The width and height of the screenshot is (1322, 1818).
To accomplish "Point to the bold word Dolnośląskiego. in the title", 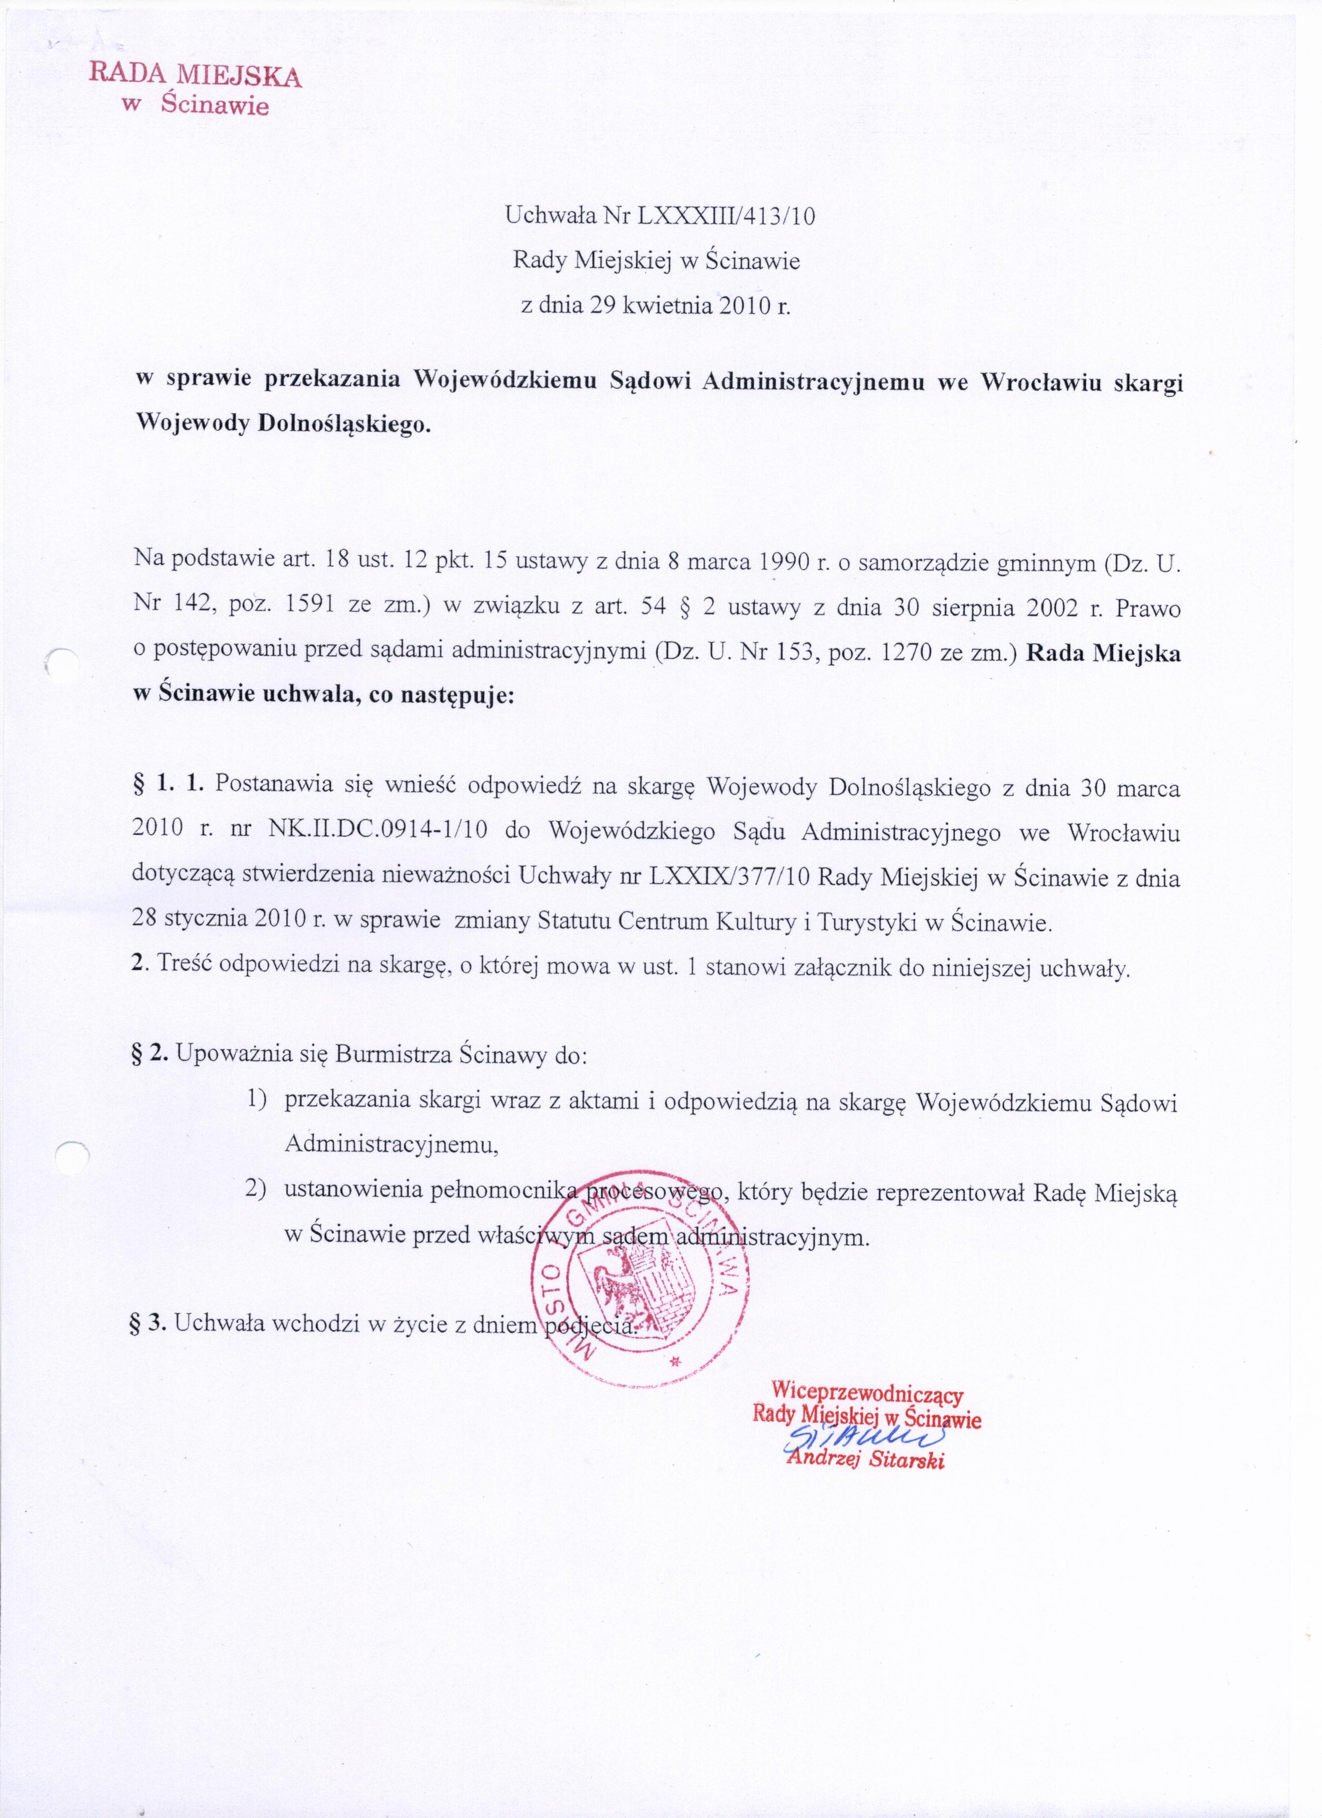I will (x=344, y=425).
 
